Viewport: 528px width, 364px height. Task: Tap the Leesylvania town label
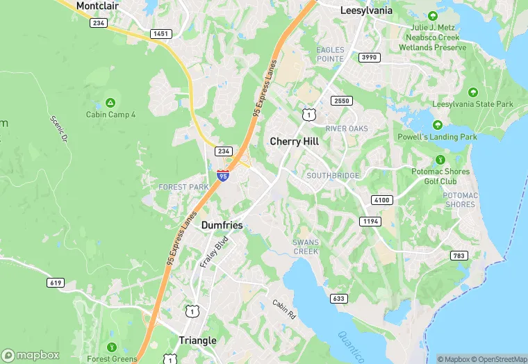(366, 10)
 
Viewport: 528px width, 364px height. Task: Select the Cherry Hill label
(295, 141)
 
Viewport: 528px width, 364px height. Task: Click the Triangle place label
(197, 340)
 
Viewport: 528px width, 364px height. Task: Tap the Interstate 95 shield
(222, 175)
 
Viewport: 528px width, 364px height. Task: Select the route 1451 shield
(160, 33)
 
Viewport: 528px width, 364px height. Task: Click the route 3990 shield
(368, 58)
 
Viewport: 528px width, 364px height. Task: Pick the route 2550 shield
(342, 101)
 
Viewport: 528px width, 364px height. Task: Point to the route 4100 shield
(382, 200)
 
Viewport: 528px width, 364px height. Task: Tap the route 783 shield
(459, 256)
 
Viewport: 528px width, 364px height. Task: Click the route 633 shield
(338, 299)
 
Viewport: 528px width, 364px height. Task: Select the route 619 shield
(56, 283)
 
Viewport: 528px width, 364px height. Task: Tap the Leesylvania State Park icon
(472, 92)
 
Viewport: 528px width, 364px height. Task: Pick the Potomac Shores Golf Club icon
(439, 160)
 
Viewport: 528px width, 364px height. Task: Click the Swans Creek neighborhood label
(306, 247)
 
